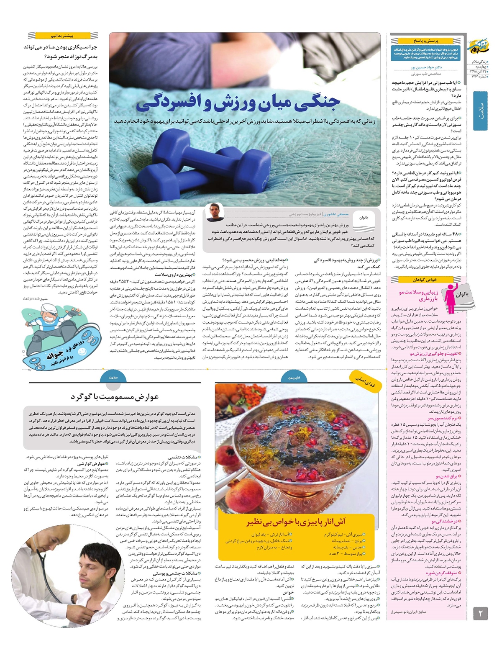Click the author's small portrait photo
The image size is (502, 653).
[215, 212]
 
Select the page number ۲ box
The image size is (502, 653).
[480, 614]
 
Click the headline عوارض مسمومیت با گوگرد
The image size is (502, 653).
[114, 396]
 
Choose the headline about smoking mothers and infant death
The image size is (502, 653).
[61, 51]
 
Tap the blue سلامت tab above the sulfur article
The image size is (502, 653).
[113, 377]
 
